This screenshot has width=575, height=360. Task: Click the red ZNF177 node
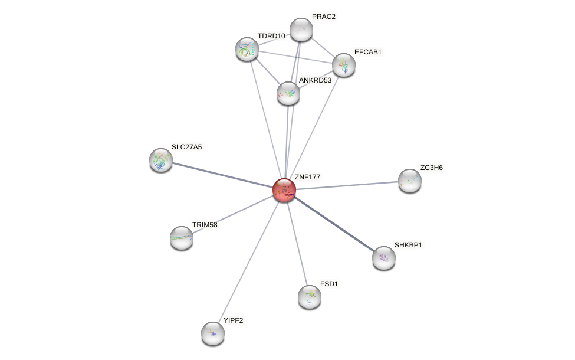(284, 190)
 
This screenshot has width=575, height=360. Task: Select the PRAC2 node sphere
(301, 30)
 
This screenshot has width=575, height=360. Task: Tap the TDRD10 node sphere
(247, 49)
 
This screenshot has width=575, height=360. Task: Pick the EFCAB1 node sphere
(344, 65)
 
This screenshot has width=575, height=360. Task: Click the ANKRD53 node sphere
(288, 93)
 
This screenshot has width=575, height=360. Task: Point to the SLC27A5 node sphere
(161, 160)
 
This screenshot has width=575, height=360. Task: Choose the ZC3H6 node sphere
(410, 181)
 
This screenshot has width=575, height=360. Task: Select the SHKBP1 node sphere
(384, 258)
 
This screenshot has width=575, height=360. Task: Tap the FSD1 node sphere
(310, 297)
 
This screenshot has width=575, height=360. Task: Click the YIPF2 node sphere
(213, 333)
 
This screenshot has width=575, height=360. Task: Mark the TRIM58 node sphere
(182, 238)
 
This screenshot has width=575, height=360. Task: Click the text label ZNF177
(307, 177)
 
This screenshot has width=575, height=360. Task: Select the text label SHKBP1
(408, 245)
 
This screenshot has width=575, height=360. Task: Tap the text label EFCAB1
(368, 52)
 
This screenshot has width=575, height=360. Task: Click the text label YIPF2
(233, 320)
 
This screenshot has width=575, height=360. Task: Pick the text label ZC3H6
(431, 168)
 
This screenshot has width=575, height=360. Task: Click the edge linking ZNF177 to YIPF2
(248, 262)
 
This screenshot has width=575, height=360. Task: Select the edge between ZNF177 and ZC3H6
(348, 185)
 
